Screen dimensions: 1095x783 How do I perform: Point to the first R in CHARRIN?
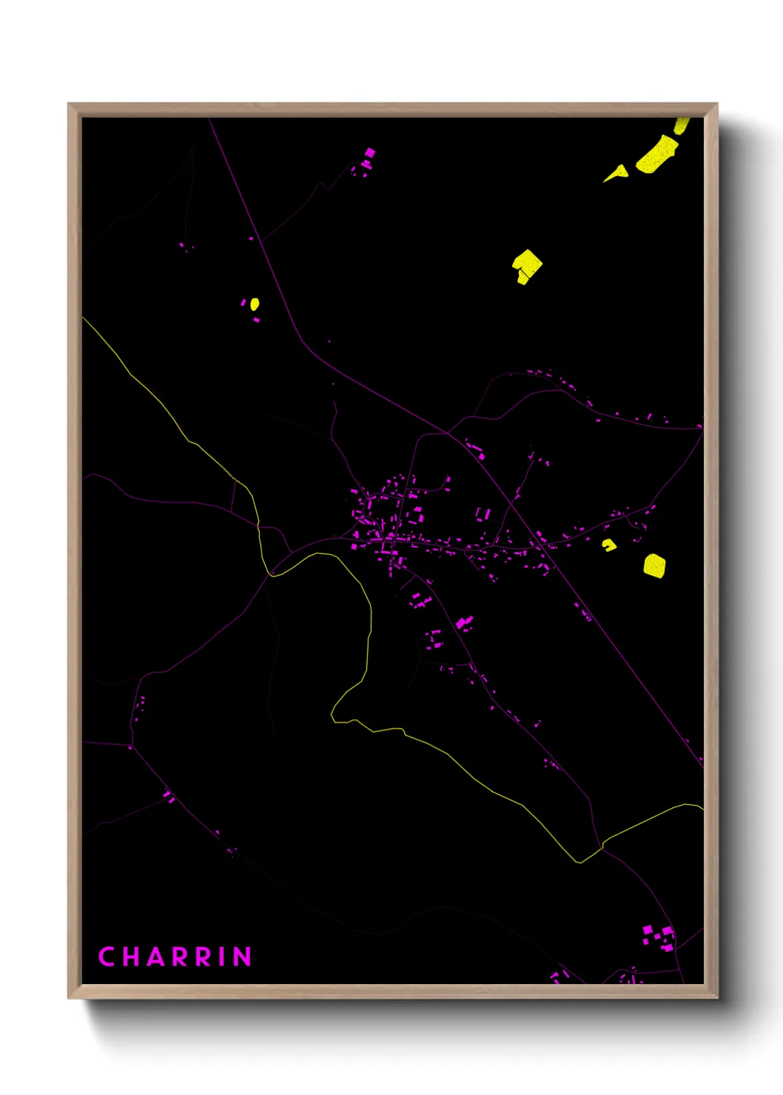coord(180,957)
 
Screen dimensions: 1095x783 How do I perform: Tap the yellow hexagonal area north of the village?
coord(527,266)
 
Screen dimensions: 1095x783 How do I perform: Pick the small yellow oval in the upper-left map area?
coord(255,304)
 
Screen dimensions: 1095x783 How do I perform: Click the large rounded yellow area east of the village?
coord(654,566)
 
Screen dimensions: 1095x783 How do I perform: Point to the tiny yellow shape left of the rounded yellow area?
coord(609,545)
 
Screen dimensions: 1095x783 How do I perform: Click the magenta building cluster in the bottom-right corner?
coord(658,937)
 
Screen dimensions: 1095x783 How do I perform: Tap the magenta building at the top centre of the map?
coord(369,154)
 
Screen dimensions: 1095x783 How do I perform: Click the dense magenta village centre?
coord(385,525)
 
